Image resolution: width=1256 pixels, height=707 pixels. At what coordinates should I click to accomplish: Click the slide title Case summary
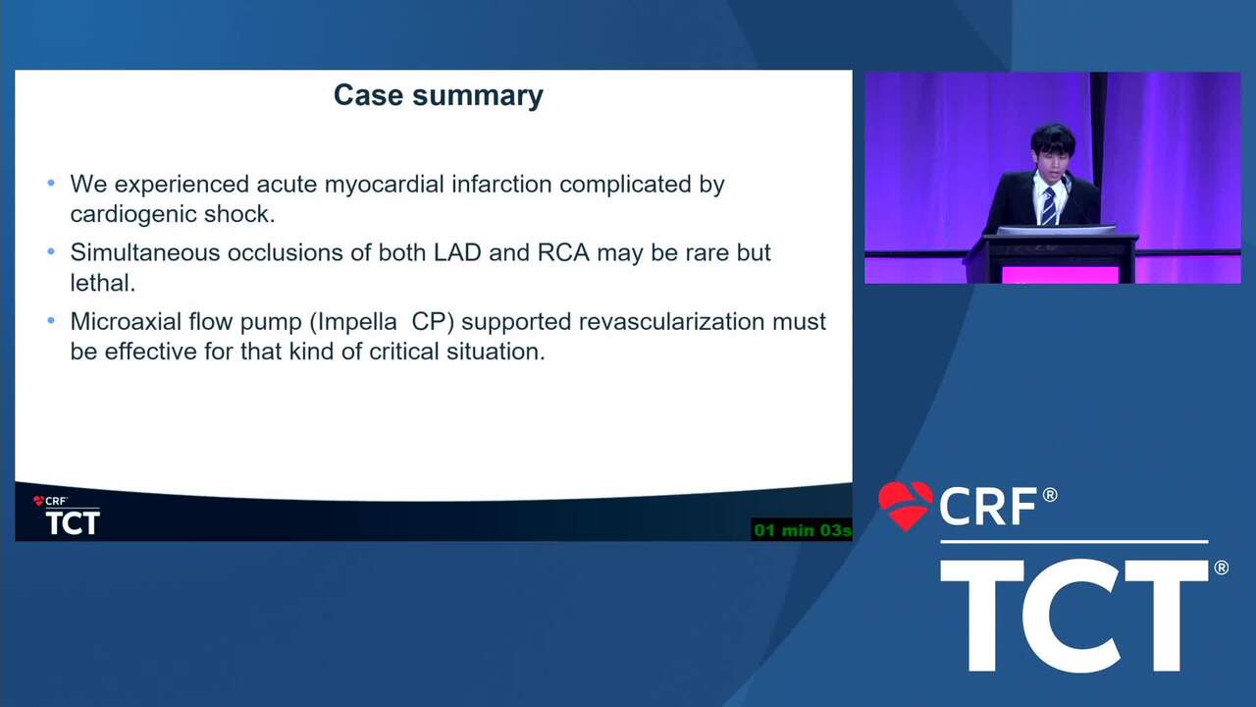pyautogui.click(x=439, y=95)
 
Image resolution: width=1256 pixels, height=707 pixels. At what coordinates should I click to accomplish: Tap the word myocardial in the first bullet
pyautogui.click(x=384, y=185)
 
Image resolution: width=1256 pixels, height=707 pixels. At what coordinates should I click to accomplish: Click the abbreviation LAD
pyautogui.click(x=457, y=252)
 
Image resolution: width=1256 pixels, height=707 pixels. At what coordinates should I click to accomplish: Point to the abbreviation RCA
pyautogui.click(x=563, y=252)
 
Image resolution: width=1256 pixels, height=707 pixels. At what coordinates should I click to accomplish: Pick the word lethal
pyautogui.click(x=103, y=283)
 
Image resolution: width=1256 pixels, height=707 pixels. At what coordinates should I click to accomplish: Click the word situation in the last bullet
pyautogui.click(x=496, y=352)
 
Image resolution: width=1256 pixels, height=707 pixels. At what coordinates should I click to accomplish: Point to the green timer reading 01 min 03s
pyautogui.click(x=802, y=530)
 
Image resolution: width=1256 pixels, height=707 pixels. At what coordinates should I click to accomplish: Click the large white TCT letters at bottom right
pyautogui.click(x=1073, y=616)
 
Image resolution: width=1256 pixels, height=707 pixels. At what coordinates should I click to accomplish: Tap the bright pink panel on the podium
pyautogui.click(x=1060, y=275)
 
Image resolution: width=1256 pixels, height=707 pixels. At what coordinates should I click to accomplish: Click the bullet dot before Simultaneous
pyautogui.click(x=51, y=252)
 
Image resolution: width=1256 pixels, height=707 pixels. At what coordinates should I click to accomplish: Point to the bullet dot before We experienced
pyautogui.click(x=51, y=183)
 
